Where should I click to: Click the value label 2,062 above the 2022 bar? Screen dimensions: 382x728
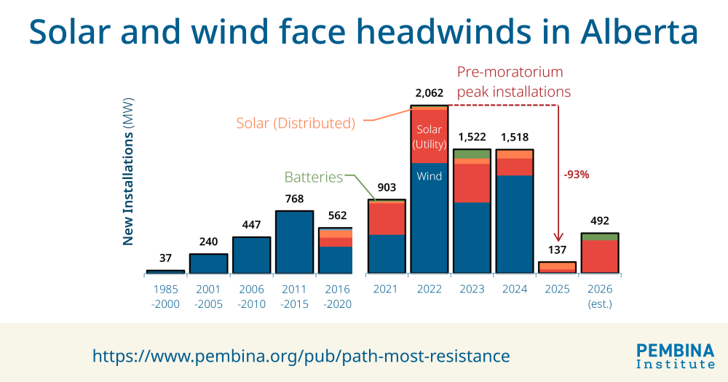point(429,93)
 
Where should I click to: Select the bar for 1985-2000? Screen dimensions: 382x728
point(165,271)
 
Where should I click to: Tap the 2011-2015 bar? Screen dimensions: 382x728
point(294,242)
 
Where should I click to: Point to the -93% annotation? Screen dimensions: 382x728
point(576,175)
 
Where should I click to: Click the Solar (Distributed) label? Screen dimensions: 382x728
point(296,123)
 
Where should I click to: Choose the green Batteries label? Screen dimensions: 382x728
point(313,177)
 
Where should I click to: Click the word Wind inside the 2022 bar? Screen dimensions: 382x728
point(429,176)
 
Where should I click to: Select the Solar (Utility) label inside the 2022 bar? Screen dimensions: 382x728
point(429,137)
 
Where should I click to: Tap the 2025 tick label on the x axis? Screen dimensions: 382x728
point(557,290)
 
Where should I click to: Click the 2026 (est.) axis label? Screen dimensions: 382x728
point(600,296)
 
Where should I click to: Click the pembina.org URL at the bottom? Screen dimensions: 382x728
point(301,356)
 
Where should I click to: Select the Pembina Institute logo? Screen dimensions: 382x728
point(675,355)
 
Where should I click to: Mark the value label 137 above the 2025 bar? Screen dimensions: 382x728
point(557,250)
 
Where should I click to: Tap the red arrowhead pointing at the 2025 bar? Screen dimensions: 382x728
point(558,238)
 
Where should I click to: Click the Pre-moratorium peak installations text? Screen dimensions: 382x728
point(513,82)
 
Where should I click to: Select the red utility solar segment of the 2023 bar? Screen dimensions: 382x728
point(472,183)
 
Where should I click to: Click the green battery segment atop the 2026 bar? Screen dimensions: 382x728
point(600,236)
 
